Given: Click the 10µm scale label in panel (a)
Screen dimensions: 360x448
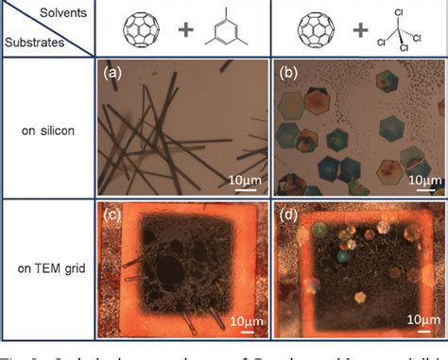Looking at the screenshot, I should pyautogui.click(x=243, y=179).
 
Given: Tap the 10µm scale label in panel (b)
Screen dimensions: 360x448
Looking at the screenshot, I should pyautogui.click(x=418, y=179).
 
